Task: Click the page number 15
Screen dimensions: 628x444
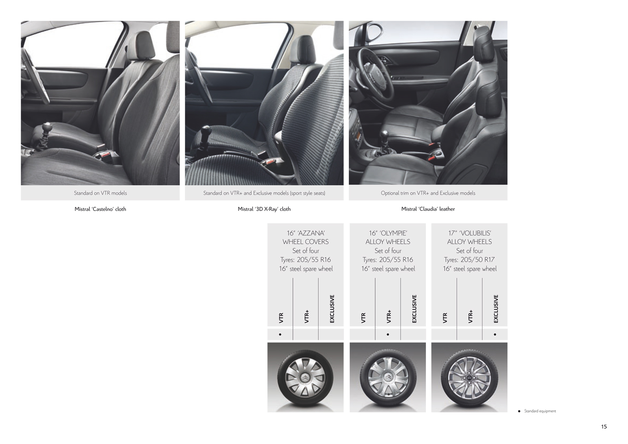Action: coord(604,427)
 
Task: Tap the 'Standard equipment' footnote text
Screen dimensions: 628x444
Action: coord(540,411)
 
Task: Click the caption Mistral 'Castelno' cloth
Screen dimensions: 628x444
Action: coord(100,209)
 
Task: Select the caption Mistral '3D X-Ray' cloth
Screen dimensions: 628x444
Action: coord(264,209)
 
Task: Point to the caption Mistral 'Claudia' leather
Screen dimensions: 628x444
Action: coord(428,209)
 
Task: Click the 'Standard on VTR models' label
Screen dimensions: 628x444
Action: coord(100,193)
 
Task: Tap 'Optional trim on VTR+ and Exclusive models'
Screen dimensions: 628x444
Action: coord(428,193)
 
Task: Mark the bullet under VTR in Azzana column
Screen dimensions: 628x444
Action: coord(280,334)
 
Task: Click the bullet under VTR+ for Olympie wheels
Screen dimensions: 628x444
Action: coord(388,334)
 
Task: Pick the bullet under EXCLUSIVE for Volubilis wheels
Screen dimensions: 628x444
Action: coord(495,334)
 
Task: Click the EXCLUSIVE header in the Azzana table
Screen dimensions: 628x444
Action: coord(332,309)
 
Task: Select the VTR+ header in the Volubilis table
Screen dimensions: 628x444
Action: coord(471,316)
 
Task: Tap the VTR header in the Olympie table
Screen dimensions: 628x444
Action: coord(363,318)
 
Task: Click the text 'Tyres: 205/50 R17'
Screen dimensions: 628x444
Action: coord(469,260)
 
